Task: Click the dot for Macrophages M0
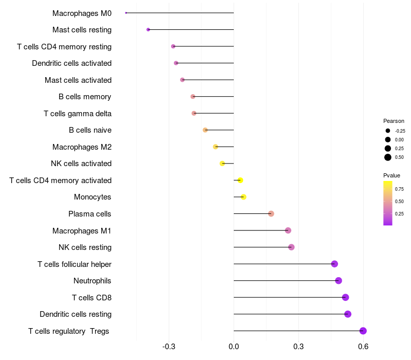click(x=126, y=13)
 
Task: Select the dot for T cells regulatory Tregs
click(x=363, y=331)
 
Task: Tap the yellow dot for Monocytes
click(x=244, y=197)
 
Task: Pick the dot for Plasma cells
click(x=271, y=214)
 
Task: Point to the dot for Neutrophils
click(x=339, y=280)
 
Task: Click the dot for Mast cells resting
click(x=148, y=30)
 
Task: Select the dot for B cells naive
click(x=206, y=130)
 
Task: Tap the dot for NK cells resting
click(x=291, y=247)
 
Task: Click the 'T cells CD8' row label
click(x=91, y=297)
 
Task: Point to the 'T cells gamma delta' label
click(x=78, y=113)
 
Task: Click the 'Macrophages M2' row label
click(x=82, y=147)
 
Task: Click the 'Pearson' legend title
click(x=394, y=121)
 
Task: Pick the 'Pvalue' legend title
click(x=391, y=175)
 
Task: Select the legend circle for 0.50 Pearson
click(x=388, y=157)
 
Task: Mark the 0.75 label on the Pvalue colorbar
click(x=399, y=189)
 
